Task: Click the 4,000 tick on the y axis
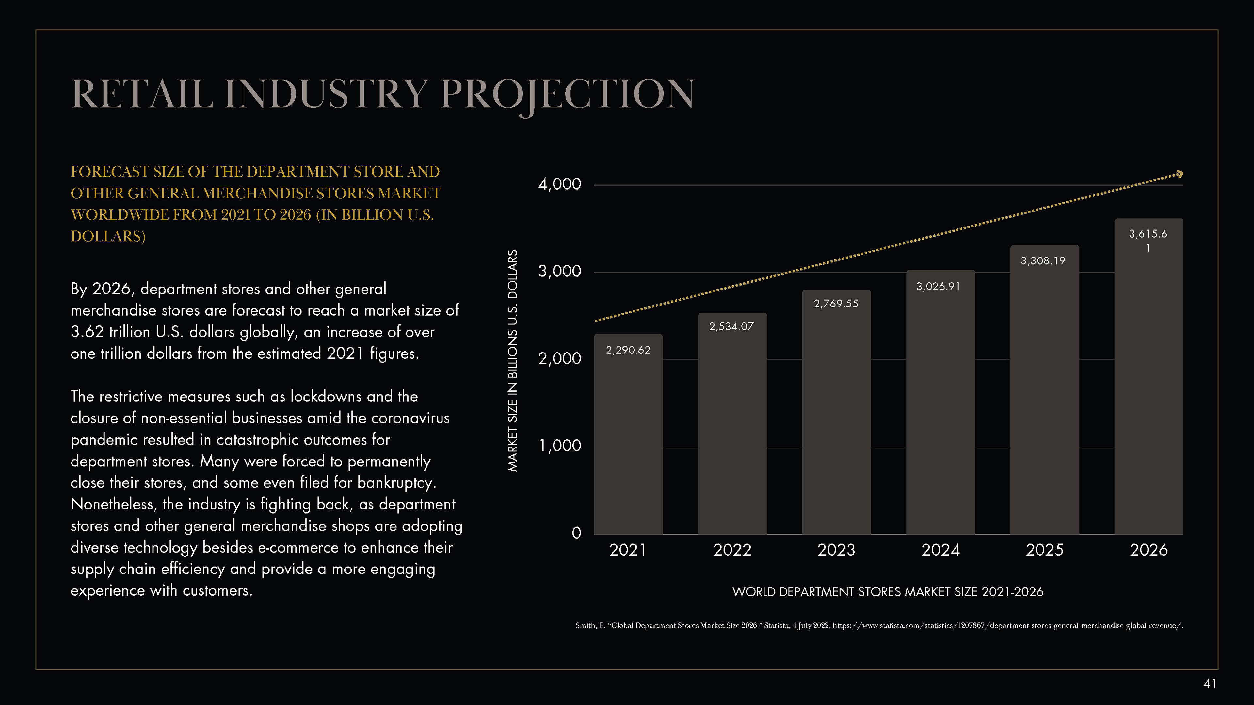[x=559, y=184]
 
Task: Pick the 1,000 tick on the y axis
[x=559, y=446]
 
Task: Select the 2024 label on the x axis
[x=940, y=550]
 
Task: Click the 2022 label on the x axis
[x=732, y=550]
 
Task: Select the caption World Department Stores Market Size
[x=888, y=592]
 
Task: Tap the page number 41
[x=1210, y=683]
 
